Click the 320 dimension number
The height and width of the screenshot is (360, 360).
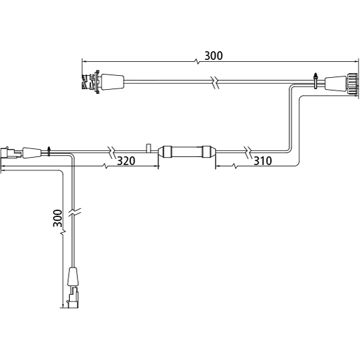[126, 161]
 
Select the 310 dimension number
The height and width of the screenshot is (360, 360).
[263, 161]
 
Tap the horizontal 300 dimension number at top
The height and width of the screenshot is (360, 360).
[214, 56]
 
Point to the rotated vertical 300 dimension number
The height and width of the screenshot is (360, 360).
[57, 218]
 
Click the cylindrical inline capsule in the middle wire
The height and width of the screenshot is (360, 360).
[187, 152]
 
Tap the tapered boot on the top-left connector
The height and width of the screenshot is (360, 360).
[112, 82]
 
